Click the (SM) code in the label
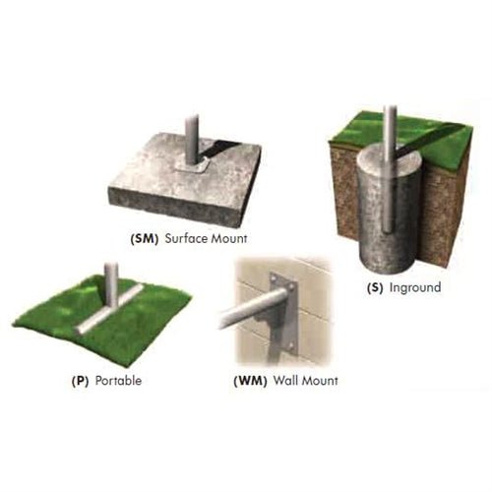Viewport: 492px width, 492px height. pyautogui.click(x=145, y=238)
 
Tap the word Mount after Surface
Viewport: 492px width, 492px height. pyautogui.click(x=229, y=238)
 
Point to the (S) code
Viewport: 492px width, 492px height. pyautogui.click(x=375, y=287)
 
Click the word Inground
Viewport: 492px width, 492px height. pyautogui.click(x=415, y=287)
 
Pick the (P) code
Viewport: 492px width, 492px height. pyautogui.click(x=80, y=381)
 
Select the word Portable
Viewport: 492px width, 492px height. pyautogui.click(x=118, y=381)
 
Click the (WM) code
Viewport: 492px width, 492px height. pyautogui.click(x=250, y=381)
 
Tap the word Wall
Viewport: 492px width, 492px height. pyautogui.click(x=286, y=381)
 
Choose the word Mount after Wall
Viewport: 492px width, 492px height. pyautogui.click(x=320, y=381)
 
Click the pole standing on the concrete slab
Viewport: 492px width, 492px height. pyautogui.click(x=192, y=140)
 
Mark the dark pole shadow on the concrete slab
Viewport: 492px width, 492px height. pyautogui.click(x=218, y=150)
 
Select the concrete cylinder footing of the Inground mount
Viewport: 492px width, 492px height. pyautogui.click(x=389, y=210)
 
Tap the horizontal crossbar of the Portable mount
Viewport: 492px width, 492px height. pyautogui.click(x=109, y=309)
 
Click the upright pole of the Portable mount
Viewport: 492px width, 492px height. pyautogui.click(x=111, y=284)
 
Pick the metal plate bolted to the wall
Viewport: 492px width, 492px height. pyautogui.click(x=283, y=314)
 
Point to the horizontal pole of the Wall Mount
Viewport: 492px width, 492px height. pyautogui.click(x=253, y=308)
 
